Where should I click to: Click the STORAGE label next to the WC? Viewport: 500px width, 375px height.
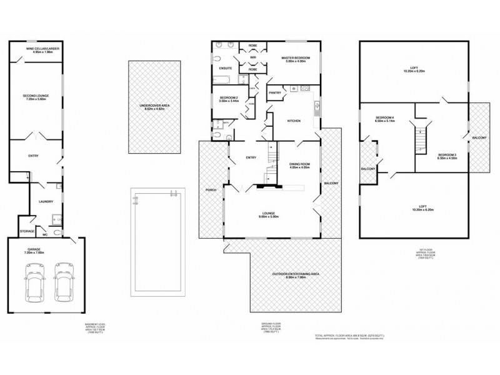[27, 231]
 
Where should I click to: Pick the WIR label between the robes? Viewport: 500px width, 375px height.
[253, 57]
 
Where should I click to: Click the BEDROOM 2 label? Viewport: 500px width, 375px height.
[229, 99]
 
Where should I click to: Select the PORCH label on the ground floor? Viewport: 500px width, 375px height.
[209, 189]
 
